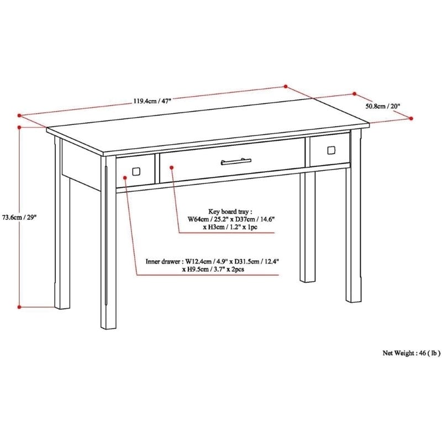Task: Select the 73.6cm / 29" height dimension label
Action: click(x=18, y=217)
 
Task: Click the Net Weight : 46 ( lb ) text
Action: click(x=412, y=352)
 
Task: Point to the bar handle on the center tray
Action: click(x=236, y=161)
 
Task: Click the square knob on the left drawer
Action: click(x=135, y=170)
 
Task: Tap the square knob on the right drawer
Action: click(x=331, y=150)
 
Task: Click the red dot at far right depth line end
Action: click(x=412, y=118)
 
